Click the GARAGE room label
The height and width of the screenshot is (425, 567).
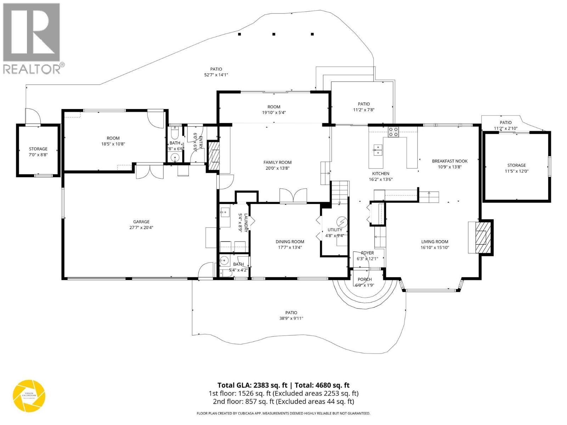coord(141,222)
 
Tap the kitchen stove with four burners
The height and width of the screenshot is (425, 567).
coord(393,132)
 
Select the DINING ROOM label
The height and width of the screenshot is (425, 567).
coord(290,242)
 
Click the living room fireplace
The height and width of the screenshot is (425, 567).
coord(481,237)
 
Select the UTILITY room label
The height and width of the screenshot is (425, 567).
coord(335,230)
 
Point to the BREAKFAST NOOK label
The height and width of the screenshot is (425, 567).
coord(449,161)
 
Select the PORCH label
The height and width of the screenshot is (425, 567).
coord(365,279)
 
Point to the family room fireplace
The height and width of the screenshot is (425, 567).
coord(214,155)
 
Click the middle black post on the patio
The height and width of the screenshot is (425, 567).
coord(274,34)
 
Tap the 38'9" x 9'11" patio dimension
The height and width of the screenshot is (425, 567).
coord(291,318)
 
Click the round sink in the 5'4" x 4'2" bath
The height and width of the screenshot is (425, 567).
coord(224,261)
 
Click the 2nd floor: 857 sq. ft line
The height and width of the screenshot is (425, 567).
coord(283,401)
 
